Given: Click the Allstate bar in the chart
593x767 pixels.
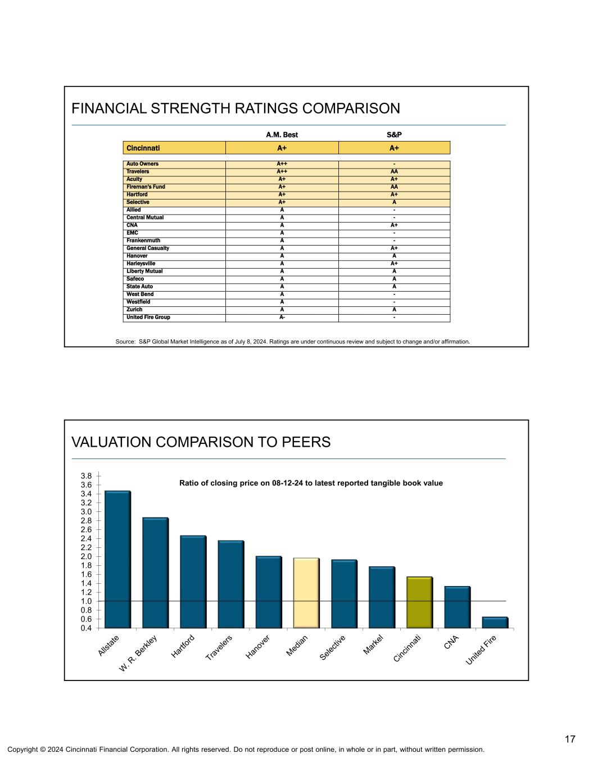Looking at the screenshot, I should tap(117, 559).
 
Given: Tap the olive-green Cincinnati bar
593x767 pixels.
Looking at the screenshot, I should tap(419, 602).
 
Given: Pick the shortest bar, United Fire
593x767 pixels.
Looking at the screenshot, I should tap(495, 622).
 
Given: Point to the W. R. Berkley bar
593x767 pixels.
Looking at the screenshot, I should tap(155, 572).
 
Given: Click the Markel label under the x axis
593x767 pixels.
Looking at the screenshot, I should tap(373, 645).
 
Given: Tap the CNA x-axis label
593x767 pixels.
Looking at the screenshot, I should tap(451, 642).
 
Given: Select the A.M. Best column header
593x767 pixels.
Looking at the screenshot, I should tap(282, 135).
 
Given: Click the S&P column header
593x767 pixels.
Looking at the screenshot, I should tap(394, 135).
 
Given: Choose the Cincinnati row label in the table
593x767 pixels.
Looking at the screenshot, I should tap(143, 148).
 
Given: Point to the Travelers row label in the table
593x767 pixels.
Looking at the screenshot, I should tap(138, 171).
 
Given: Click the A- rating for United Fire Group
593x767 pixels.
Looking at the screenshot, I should tap(282, 317).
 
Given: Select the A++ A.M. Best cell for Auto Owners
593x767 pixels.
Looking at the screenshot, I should tap(282, 164).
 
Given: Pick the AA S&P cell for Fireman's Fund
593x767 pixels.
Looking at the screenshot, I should tap(394, 187).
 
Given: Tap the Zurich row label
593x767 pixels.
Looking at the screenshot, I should tap(134, 310).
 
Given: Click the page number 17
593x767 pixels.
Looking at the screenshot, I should tap(570, 739).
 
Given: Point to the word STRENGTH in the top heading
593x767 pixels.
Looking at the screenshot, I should tap(185, 108).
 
